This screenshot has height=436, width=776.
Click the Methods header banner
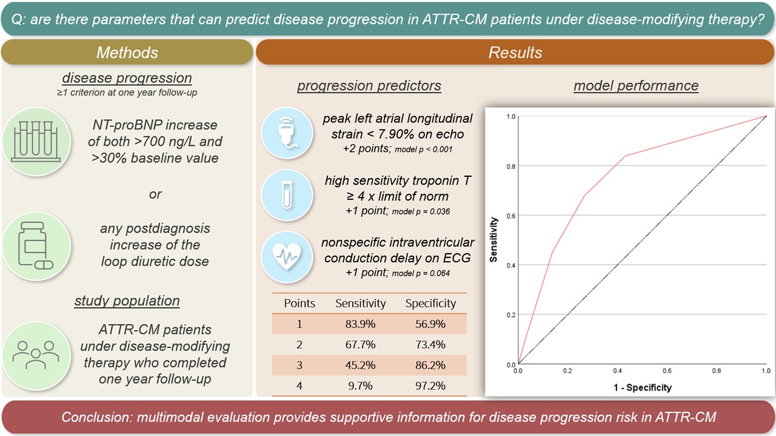[127, 52]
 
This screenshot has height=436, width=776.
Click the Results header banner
[515, 52]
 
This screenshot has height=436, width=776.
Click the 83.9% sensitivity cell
[361, 324]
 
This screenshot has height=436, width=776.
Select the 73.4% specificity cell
[430, 345]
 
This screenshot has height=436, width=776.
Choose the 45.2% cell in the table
[361, 365]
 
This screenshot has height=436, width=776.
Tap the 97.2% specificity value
[430, 386]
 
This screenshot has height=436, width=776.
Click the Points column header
[299, 303]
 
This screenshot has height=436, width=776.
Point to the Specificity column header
[430, 303]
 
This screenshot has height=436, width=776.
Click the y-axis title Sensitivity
[494, 240]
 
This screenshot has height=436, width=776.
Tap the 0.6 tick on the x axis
[666, 371]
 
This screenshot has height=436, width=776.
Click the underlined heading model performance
[635, 86]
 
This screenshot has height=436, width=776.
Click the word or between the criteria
[155, 194]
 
